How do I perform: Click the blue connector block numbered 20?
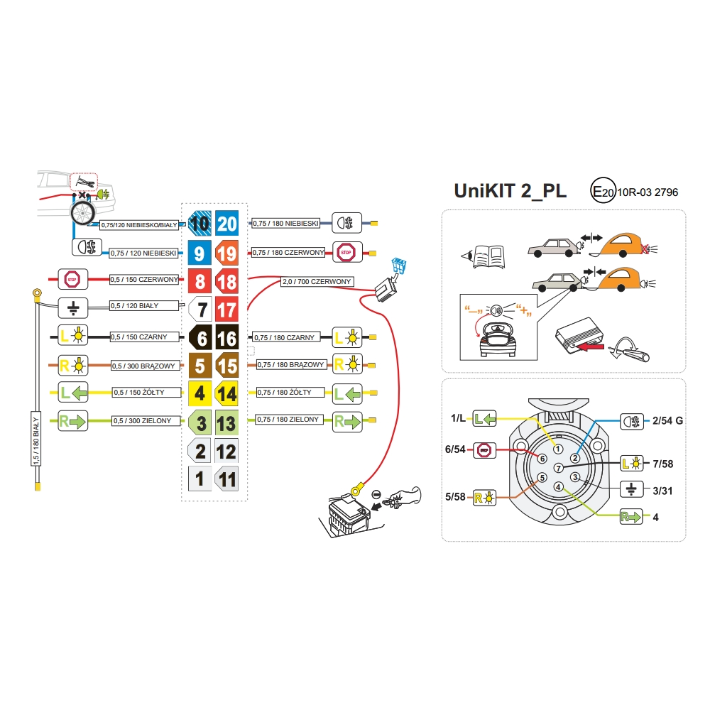pos(227,224)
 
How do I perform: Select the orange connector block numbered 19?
pos(227,253)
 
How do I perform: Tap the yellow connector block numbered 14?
pos(227,393)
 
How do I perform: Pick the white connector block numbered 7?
pos(200,310)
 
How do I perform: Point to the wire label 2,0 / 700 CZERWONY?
pos(317,282)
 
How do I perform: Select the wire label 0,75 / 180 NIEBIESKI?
pos(285,224)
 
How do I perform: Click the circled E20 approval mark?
pos(603,192)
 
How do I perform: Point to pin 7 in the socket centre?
pos(558,467)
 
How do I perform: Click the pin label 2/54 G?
pos(668,420)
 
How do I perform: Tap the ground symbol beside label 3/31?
pos(630,490)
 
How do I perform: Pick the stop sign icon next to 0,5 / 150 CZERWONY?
pos(72,279)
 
